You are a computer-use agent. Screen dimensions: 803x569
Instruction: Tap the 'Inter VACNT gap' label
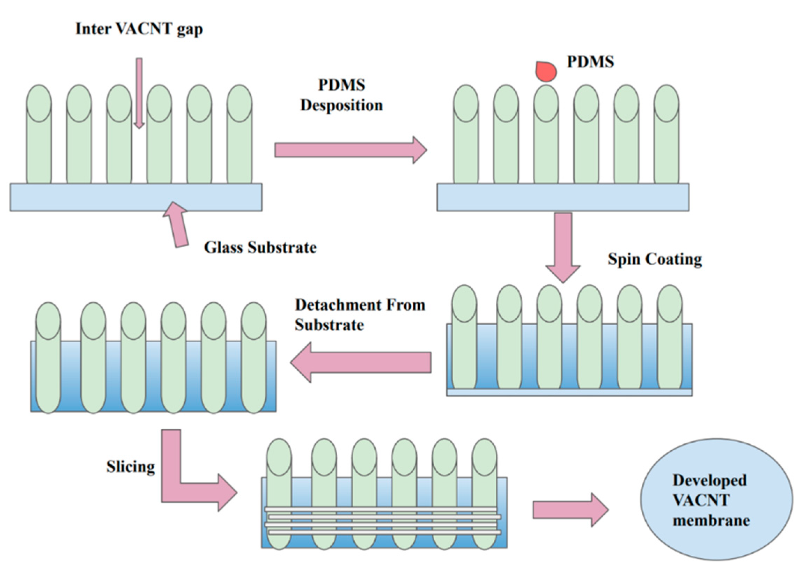[x=139, y=29]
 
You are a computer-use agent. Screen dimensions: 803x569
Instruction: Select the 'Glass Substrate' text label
[x=260, y=248]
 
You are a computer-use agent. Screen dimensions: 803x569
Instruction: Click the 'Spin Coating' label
[x=655, y=260]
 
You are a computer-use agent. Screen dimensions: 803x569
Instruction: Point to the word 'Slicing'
[x=131, y=467]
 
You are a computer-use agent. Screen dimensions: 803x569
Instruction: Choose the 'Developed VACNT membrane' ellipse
[x=716, y=499]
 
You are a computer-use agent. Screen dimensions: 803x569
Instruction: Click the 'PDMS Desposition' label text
[x=341, y=95]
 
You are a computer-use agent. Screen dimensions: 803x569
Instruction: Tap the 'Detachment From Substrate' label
[x=360, y=315]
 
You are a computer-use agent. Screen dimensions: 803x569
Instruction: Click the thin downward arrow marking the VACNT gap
[x=139, y=93]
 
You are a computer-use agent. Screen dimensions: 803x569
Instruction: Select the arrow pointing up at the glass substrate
[x=176, y=224]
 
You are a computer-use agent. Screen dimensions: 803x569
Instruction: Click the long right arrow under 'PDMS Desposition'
[x=351, y=150]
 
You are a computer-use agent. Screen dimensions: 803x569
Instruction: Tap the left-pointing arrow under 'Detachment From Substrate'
[x=361, y=362]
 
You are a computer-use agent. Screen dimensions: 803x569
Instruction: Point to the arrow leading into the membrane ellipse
[x=571, y=510]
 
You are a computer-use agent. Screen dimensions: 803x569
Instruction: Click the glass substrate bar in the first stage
[x=136, y=197]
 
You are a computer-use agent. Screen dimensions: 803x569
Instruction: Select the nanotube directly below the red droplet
[x=546, y=134]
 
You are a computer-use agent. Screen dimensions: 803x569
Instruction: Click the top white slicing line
[x=381, y=509]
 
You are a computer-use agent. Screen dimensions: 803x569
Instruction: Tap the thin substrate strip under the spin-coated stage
[x=569, y=392]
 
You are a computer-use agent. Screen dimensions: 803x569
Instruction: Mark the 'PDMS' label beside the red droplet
[x=590, y=62]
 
